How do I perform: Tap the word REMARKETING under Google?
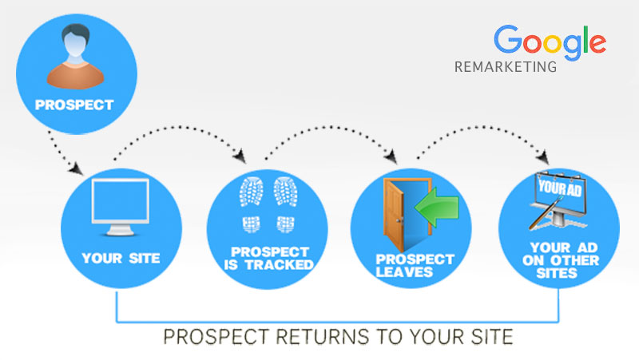[506, 67]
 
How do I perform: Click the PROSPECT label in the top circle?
[74, 105]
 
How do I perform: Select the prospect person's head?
[76, 40]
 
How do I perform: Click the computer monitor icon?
[121, 207]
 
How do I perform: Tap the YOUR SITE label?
[121, 258]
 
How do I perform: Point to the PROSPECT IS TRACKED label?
[269, 258]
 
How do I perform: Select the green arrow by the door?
[437, 207]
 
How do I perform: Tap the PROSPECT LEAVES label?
[415, 266]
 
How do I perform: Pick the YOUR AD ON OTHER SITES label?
[561, 260]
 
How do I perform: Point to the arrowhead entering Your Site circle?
[76, 168]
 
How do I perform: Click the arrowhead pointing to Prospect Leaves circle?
[391, 156]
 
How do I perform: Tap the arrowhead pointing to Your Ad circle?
[543, 157]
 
